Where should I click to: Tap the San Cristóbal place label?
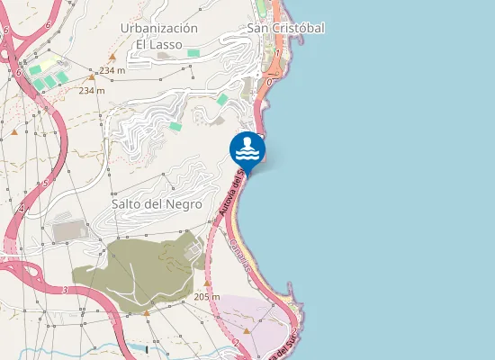[285, 28]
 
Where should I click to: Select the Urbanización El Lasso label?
[158, 35]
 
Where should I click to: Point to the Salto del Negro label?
[157, 204]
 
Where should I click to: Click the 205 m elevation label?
[206, 296]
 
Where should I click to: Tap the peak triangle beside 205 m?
[206, 283]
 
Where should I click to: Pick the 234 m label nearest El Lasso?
[112, 70]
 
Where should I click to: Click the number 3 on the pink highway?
[65, 290]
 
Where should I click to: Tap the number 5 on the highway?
[46, 184]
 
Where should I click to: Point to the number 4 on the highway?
[21, 209]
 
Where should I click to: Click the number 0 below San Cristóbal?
[269, 82]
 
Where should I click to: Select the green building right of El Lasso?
[193, 53]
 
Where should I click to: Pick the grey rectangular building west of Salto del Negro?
[68, 232]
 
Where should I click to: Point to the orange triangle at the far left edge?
[14, 131]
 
